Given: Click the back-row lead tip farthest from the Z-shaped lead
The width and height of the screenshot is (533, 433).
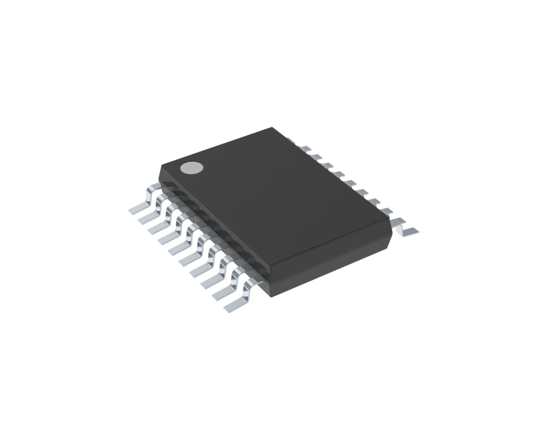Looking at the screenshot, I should (x=291, y=140).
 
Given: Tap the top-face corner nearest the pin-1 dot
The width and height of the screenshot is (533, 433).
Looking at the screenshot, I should (x=162, y=165).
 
